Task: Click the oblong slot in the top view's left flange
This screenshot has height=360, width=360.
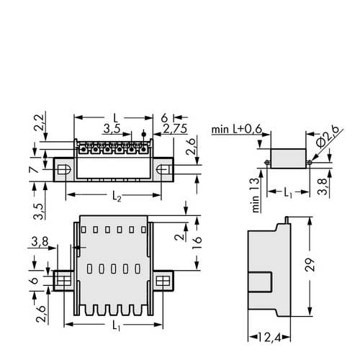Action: pos(63,168)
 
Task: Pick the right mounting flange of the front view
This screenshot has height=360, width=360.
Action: pos(163,279)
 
